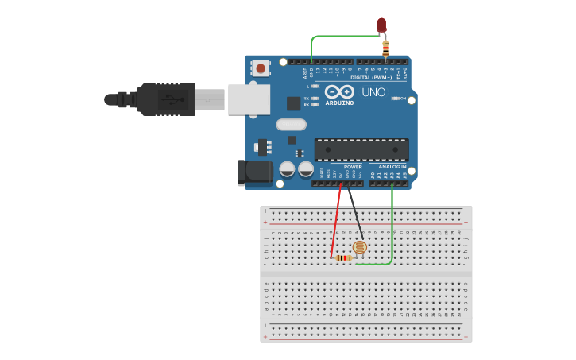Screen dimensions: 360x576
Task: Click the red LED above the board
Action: point(381,25)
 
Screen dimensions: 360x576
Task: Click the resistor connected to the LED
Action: point(385,48)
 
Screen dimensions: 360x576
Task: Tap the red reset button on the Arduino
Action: point(261,68)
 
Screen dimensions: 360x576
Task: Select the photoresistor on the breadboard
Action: point(360,247)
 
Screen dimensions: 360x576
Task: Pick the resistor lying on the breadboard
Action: point(343,257)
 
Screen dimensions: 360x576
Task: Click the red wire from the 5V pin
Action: point(336,223)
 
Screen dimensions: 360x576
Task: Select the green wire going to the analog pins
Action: point(392,230)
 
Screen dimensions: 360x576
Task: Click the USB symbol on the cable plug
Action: point(170,99)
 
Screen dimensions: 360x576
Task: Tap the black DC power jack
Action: point(254,173)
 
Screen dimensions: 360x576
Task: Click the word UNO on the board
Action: point(373,92)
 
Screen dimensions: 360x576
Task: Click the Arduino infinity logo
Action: point(339,91)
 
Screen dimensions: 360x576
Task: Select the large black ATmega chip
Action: point(361,149)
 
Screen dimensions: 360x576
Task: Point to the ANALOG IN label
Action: point(392,167)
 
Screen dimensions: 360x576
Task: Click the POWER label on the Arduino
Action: point(353,167)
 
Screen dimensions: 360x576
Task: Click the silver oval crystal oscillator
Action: point(291,124)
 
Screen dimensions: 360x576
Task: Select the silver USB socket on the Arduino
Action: point(249,99)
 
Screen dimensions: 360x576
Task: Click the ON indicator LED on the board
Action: point(395,99)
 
